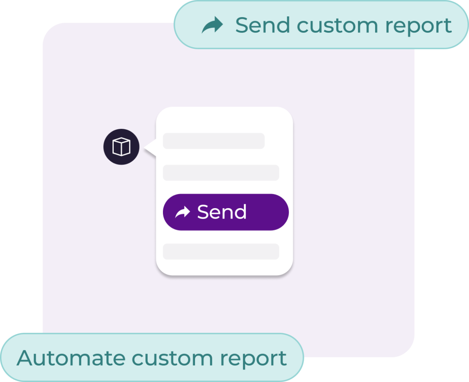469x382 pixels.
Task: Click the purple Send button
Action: [226, 212]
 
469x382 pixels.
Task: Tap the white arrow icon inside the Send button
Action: [183, 212]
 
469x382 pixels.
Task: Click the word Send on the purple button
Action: [222, 212]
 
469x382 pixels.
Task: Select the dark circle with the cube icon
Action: [121, 147]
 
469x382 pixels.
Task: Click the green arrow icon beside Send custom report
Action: [212, 25]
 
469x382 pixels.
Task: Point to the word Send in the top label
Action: [263, 25]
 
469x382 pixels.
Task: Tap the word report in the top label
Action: [418, 26]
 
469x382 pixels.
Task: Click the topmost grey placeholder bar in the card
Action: [213, 141]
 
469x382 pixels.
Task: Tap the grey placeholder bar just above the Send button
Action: [221, 173]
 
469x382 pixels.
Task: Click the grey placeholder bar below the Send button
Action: [221, 252]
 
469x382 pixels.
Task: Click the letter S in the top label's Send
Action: [242, 25]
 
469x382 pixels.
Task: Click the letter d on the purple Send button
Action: [240, 212]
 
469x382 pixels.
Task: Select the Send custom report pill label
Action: [321, 24]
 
